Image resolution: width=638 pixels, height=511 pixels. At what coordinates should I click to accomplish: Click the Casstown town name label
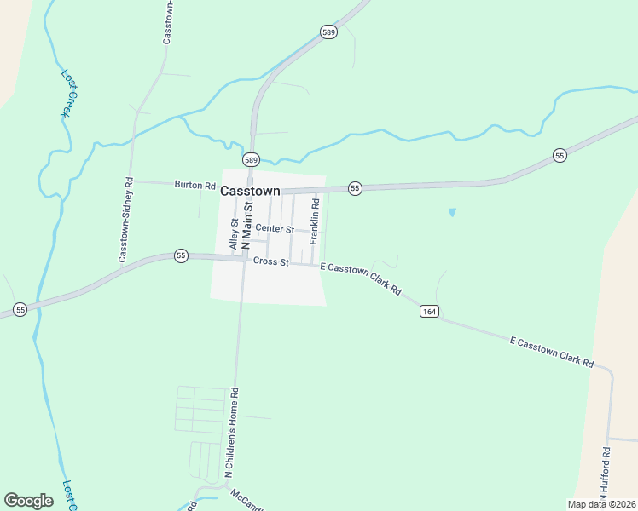pyautogui.click(x=251, y=192)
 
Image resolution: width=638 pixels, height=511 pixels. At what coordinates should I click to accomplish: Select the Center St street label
pyautogui.click(x=275, y=229)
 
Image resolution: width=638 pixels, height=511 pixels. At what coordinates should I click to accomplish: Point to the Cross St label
pyautogui.click(x=271, y=261)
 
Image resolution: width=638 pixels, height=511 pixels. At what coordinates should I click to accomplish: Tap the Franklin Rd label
pyautogui.click(x=314, y=221)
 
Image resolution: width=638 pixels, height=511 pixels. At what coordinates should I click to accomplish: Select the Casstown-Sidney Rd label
pyautogui.click(x=125, y=220)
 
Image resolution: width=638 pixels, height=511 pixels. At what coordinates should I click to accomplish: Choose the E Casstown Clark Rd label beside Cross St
pyautogui.click(x=362, y=278)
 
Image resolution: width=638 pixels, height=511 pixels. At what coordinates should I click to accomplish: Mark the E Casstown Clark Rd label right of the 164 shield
pyautogui.click(x=551, y=352)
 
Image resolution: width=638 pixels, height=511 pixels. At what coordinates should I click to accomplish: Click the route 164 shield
pyautogui.click(x=429, y=312)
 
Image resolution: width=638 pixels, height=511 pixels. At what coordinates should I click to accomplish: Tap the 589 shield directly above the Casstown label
pyautogui.click(x=251, y=160)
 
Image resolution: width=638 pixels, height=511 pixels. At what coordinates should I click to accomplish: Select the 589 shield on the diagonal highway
pyautogui.click(x=329, y=32)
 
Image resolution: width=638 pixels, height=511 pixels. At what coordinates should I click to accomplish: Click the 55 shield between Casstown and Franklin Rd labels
pyautogui.click(x=356, y=187)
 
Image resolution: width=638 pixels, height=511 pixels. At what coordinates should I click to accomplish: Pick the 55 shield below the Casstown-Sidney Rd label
pyautogui.click(x=181, y=255)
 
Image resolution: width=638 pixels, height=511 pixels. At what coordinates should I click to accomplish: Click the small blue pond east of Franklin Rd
pyautogui.click(x=451, y=212)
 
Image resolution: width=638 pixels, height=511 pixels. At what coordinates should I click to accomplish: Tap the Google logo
pyautogui.click(x=28, y=500)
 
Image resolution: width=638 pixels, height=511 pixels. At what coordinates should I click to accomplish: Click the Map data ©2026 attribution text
pyautogui.click(x=601, y=504)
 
